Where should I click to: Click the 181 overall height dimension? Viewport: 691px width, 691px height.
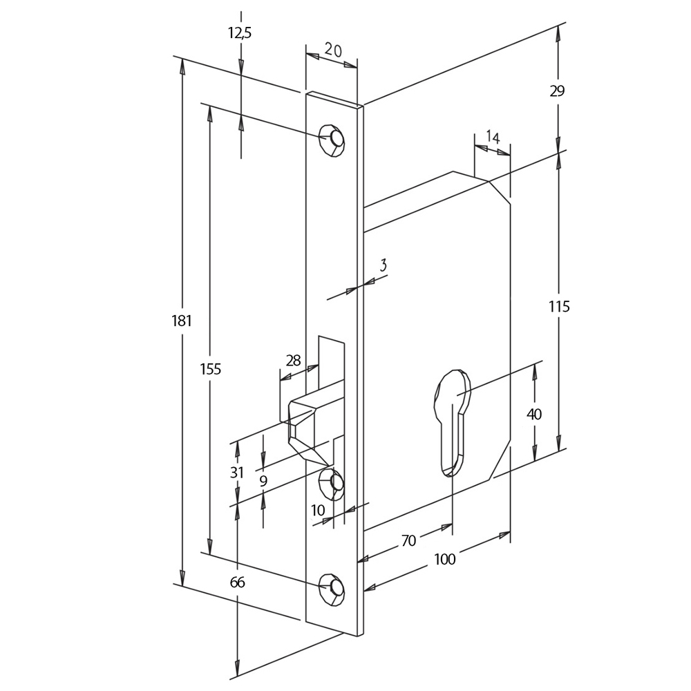click(182, 321)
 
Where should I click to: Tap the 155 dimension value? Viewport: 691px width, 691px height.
click(211, 368)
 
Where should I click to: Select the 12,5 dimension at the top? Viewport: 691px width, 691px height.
click(240, 32)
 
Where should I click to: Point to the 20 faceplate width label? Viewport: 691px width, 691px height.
click(333, 50)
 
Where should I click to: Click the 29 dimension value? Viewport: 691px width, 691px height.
click(557, 91)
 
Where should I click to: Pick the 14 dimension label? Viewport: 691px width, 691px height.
click(493, 138)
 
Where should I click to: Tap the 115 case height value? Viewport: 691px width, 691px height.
click(559, 306)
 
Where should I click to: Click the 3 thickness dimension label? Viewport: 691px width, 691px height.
click(383, 265)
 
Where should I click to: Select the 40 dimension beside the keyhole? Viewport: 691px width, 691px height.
click(534, 414)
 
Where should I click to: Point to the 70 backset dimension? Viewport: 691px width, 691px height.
click(408, 540)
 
